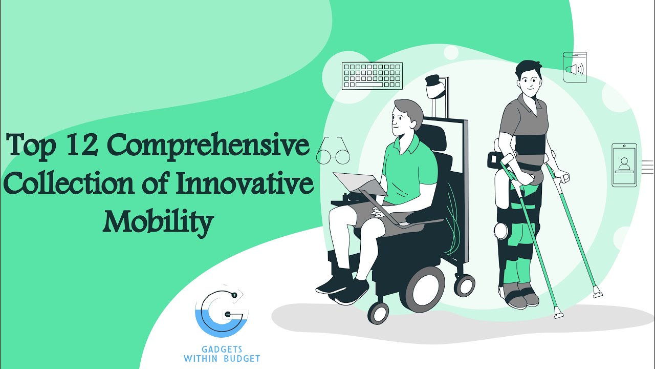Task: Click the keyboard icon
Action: [372, 76]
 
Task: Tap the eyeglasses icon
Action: [333, 154]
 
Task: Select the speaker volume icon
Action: [575, 68]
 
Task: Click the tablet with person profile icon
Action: [624, 165]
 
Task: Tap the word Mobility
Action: [158, 221]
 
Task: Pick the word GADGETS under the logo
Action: [222, 350]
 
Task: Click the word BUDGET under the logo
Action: [241, 358]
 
